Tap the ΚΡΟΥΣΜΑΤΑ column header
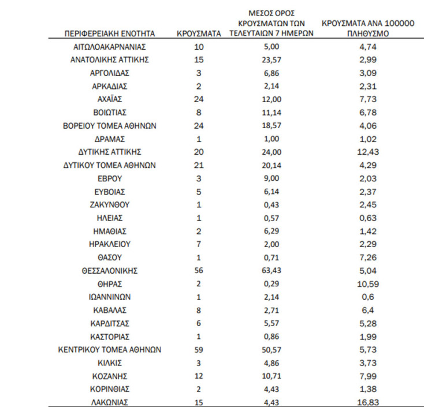click(x=199, y=34)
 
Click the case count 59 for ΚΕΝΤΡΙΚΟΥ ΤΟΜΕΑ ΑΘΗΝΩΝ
click(x=199, y=349)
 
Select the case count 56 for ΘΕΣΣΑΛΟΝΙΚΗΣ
click(x=199, y=270)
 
